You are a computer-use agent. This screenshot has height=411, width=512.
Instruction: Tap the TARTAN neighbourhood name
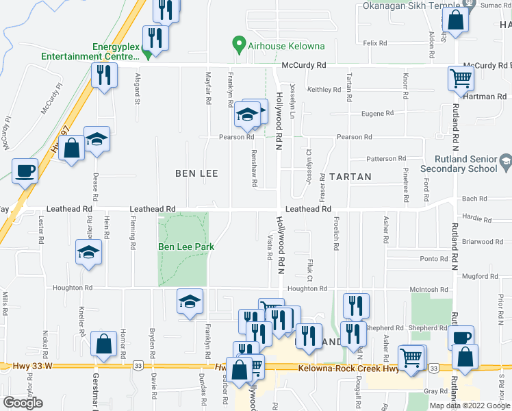[350, 177]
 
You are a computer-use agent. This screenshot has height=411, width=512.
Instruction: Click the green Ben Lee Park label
[186, 247]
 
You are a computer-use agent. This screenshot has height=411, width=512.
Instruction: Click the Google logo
[23, 403]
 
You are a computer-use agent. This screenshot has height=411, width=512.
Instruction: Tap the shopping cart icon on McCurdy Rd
[461, 79]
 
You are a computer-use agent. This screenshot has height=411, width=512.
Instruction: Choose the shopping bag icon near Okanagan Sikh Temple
[455, 23]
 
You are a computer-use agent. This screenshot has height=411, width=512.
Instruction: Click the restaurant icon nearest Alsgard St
[103, 75]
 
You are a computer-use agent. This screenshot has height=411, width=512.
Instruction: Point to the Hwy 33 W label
[32, 367]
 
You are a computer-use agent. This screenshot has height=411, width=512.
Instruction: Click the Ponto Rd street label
[434, 259]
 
